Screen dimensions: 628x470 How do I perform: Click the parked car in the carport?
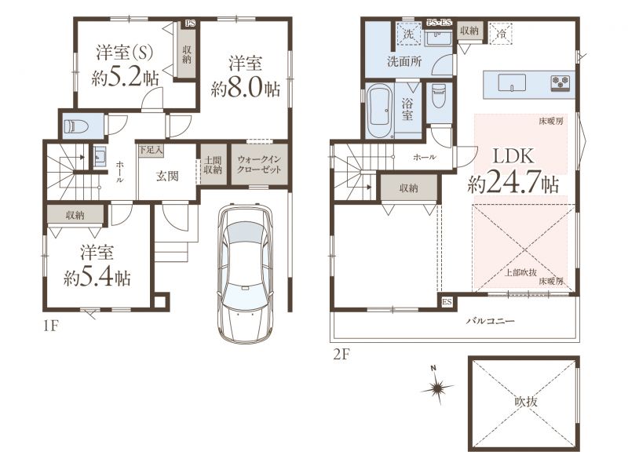[246, 272]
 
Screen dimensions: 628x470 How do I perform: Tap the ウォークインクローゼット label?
[259, 164]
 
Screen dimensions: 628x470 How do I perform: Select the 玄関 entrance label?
[167, 176]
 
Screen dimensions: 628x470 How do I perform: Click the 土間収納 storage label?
[213, 164]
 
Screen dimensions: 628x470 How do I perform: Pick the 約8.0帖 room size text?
[245, 89]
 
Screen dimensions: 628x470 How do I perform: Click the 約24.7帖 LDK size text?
[513, 184]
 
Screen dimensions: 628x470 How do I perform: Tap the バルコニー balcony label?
[490, 321]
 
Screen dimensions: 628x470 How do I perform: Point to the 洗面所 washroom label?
[404, 62]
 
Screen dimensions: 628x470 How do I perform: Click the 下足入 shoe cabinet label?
[151, 150]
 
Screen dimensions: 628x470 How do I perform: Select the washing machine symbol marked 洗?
[408, 34]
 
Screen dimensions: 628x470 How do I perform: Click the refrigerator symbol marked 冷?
[501, 34]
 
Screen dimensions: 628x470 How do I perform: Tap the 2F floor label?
[341, 355]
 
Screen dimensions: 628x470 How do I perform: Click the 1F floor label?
[51, 326]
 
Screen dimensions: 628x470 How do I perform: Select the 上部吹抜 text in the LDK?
[520, 272]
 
